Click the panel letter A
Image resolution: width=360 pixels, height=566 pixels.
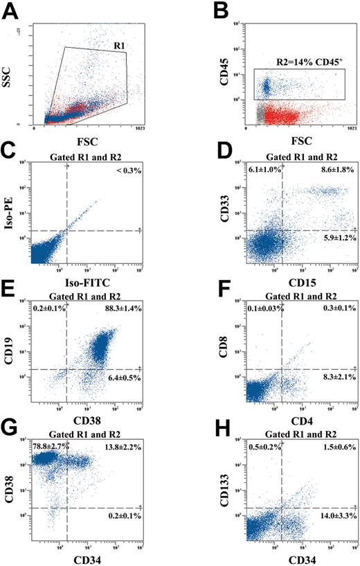tap(10, 11)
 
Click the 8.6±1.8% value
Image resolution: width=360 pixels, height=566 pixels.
tap(332, 170)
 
